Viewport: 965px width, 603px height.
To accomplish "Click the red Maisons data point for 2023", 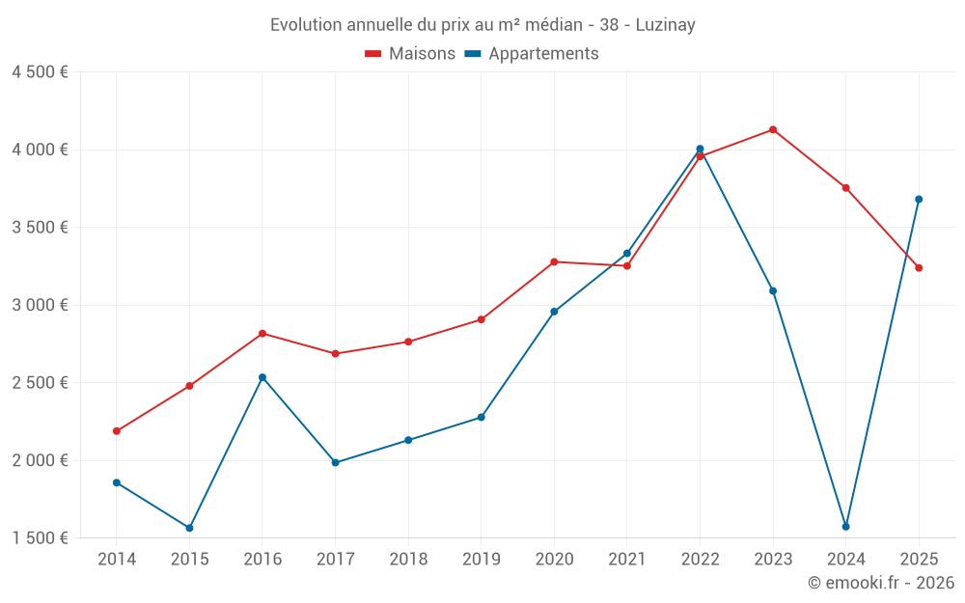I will tap(773, 129).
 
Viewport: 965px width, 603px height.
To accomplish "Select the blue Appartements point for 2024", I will tap(845, 527).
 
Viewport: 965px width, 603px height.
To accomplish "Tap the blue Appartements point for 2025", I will tap(919, 200).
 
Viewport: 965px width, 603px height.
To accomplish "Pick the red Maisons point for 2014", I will tap(117, 431).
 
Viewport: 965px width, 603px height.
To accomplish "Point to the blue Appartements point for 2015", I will tap(189, 528).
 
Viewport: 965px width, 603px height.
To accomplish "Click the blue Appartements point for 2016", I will tap(262, 377).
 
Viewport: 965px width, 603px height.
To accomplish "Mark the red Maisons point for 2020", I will tap(554, 261).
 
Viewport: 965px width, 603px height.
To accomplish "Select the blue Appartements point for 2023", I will tap(773, 290).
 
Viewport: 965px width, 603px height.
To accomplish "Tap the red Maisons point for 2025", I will tap(919, 268).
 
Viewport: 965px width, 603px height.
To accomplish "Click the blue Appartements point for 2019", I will tap(481, 418).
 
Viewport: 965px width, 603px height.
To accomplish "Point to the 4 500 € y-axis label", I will tap(40, 72).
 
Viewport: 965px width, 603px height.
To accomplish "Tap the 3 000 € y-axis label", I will tap(40, 305).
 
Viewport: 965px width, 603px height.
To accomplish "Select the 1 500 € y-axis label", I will tap(40, 538).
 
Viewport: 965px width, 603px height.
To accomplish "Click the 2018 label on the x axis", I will tap(408, 560).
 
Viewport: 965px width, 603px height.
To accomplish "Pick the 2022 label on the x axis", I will tap(700, 560).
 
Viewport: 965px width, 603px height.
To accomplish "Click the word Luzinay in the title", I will tap(665, 25).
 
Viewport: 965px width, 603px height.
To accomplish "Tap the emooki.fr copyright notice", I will tap(881, 583).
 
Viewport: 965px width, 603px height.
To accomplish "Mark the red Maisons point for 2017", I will tap(335, 354).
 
